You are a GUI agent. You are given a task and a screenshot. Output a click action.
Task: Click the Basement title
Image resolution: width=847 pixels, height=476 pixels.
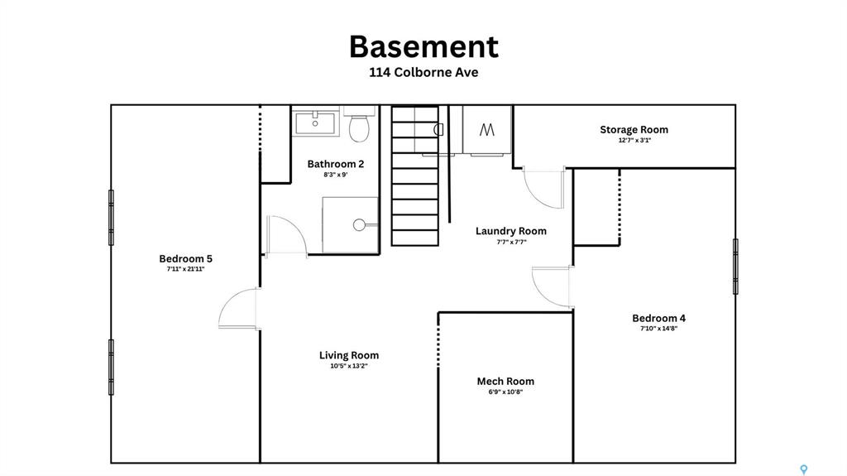tap(423, 46)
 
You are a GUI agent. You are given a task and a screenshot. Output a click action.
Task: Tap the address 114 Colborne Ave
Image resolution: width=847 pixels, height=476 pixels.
tap(423, 73)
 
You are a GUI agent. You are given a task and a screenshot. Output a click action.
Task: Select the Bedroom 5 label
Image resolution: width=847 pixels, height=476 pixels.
tap(185, 258)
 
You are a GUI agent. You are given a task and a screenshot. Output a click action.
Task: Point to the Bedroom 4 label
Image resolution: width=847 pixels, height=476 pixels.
tap(658, 318)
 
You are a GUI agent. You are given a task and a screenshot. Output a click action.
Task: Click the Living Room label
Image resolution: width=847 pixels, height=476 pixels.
tap(349, 355)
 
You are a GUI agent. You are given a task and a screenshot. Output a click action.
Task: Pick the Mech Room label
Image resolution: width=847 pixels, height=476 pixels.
tap(505, 382)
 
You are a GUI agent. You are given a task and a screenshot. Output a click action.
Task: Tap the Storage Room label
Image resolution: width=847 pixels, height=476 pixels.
tap(634, 130)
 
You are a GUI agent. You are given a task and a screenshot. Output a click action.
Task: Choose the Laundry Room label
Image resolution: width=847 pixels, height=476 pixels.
tap(511, 231)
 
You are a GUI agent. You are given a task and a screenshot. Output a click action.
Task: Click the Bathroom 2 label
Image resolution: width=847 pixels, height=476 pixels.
tap(336, 164)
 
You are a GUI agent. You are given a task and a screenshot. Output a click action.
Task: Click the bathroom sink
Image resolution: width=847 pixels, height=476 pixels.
tap(315, 123)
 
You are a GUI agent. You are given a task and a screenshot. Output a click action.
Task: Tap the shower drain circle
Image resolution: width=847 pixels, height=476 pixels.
tap(359, 225)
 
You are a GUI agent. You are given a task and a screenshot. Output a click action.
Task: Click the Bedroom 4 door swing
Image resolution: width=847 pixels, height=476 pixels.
tap(552, 286)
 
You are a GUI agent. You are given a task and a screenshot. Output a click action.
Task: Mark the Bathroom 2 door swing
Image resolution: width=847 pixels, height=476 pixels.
tap(287, 235)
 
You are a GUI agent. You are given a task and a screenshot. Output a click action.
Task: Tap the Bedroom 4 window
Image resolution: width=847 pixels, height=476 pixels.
tap(735, 267)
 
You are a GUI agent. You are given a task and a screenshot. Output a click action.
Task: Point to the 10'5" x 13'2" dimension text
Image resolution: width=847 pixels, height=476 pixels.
tap(349, 366)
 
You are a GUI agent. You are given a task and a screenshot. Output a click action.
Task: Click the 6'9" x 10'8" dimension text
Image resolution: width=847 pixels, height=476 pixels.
tap(505, 392)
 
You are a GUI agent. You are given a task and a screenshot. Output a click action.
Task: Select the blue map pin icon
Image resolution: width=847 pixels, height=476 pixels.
tap(804, 469)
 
